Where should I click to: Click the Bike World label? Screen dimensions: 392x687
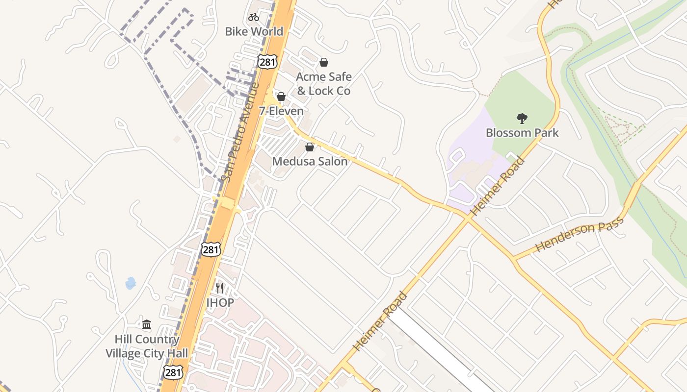[254, 31]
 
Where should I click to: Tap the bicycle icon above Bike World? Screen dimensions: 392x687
[254, 18]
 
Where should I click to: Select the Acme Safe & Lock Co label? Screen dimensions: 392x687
[323, 84]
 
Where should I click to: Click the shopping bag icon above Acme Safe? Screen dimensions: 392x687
[324, 62]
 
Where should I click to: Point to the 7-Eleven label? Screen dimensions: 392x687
[281, 111]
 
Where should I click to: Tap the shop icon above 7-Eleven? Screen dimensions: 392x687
[281, 97]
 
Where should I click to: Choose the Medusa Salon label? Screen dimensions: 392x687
[310, 161]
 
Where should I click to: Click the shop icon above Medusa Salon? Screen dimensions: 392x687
[310, 147]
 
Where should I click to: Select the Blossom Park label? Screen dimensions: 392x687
[522, 133]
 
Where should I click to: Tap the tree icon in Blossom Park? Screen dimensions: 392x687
[522, 118]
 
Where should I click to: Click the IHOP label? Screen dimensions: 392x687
[220, 303]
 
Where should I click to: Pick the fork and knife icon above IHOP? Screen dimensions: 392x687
[220, 288]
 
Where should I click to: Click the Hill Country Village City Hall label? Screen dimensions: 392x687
[147, 346]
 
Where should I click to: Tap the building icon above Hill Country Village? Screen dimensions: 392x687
[147, 325]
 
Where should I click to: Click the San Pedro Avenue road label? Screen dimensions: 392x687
[240, 132]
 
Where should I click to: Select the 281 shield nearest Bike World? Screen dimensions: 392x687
[267, 61]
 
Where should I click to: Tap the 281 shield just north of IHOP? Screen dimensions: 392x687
[211, 249]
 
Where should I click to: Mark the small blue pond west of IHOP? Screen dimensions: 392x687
[131, 283]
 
